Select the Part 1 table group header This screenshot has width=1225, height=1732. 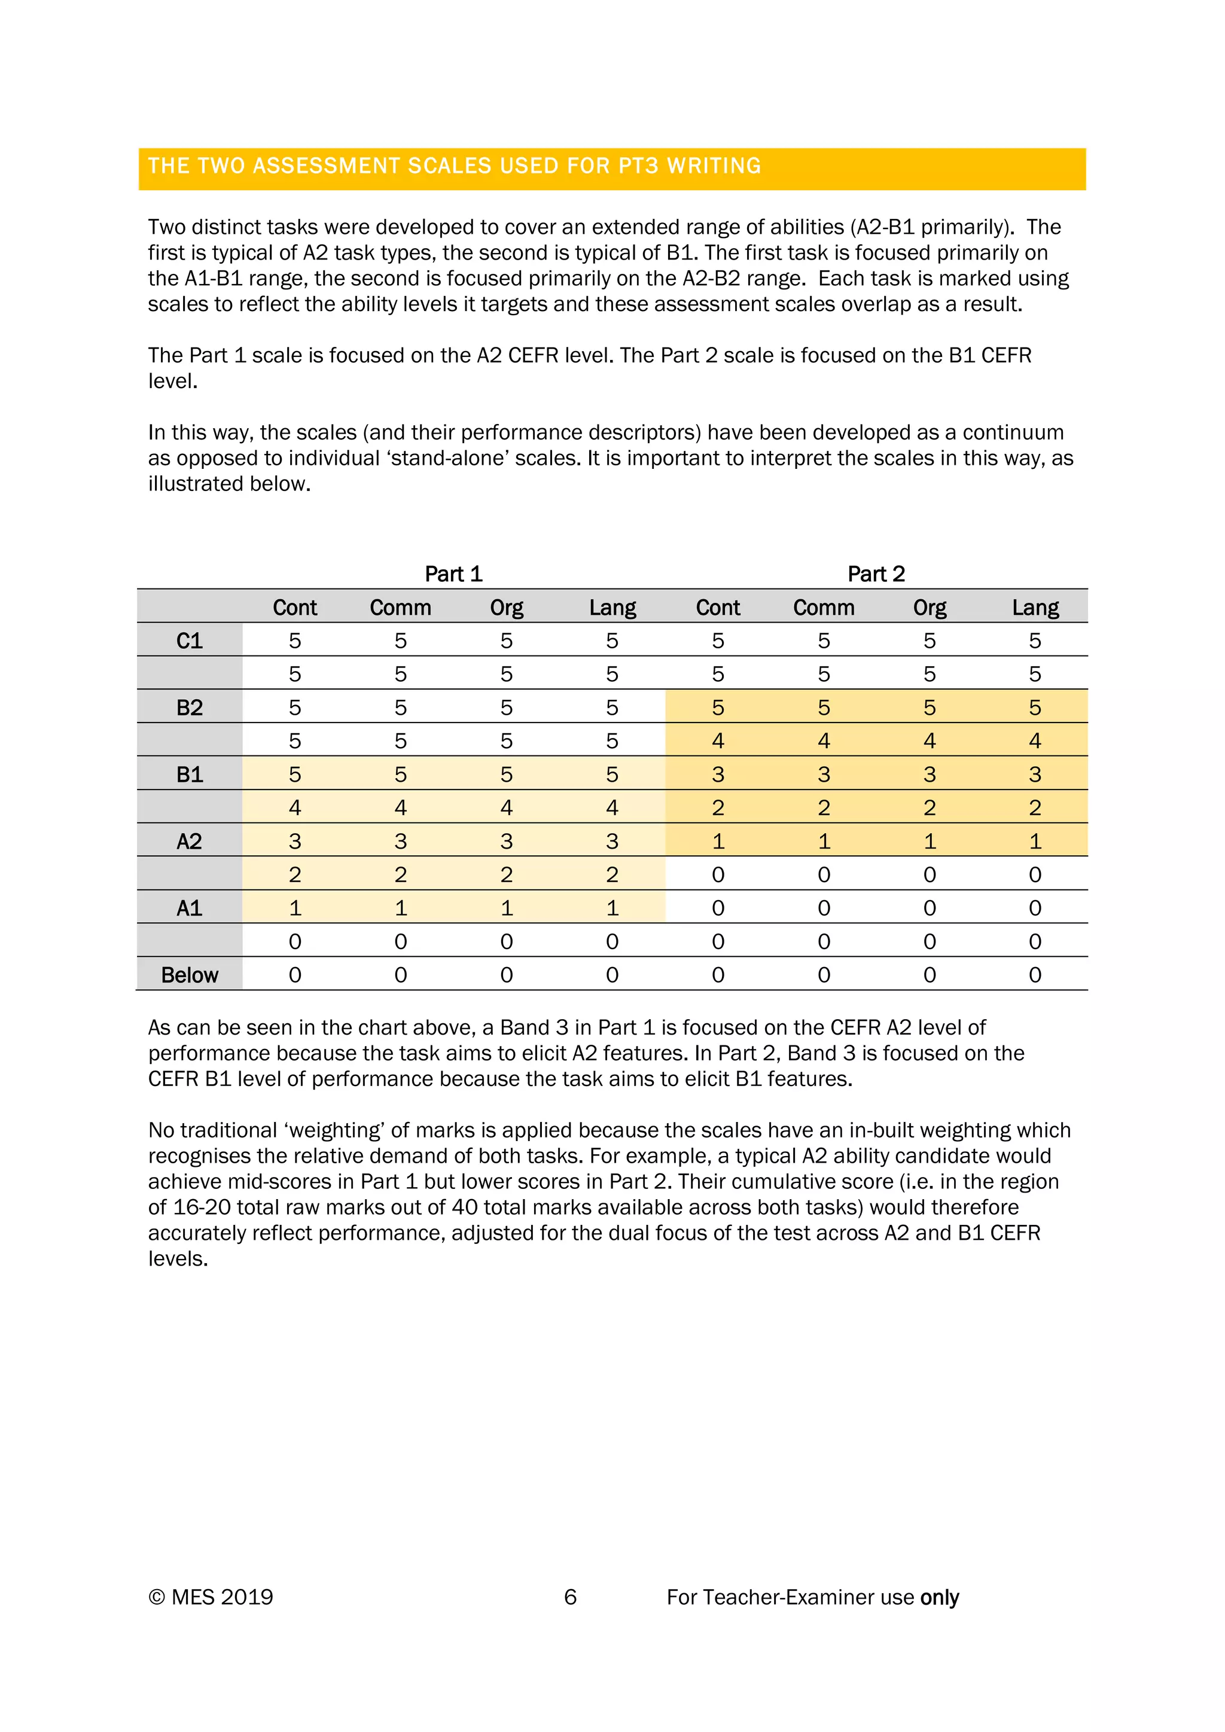coord(453,574)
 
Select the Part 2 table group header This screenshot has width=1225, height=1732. coord(876,574)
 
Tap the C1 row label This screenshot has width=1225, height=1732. coord(190,641)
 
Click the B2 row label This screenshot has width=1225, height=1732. coord(190,708)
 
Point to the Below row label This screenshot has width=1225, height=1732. coord(190,975)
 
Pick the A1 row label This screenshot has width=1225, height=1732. coord(190,908)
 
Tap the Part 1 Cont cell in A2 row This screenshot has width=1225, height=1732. coord(295,841)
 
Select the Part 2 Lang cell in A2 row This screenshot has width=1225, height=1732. coord(1035,841)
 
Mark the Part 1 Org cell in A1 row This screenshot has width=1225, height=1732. coord(506,908)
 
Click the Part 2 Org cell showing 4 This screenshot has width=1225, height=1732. coord(930,741)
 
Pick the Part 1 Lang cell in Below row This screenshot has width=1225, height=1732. coord(612,975)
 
